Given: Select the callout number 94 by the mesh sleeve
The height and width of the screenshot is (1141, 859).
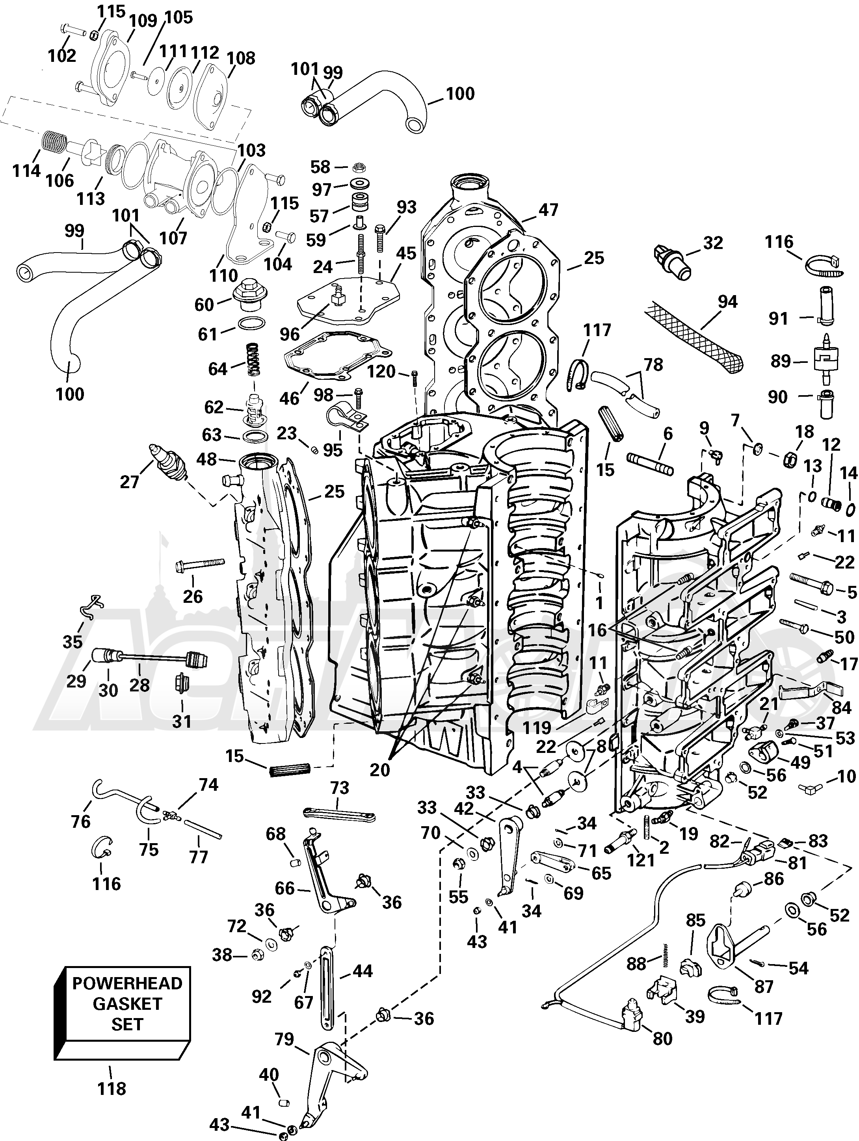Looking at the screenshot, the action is coord(727,302).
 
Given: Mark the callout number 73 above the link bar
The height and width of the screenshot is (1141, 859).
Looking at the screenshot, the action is coord(340,788).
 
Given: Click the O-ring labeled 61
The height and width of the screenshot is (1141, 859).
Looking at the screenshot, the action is coord(252,325).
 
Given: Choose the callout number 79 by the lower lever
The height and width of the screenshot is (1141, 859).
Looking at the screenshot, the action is coord(284,1039).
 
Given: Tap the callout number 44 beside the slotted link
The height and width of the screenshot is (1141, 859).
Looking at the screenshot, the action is coord(362,971).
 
